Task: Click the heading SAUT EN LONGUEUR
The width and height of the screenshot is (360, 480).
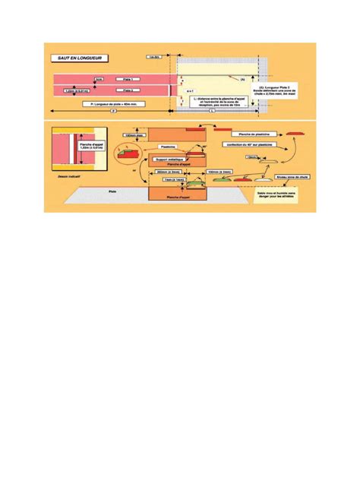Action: coord(77,57)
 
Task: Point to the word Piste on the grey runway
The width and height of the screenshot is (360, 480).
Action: coord(112,191)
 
